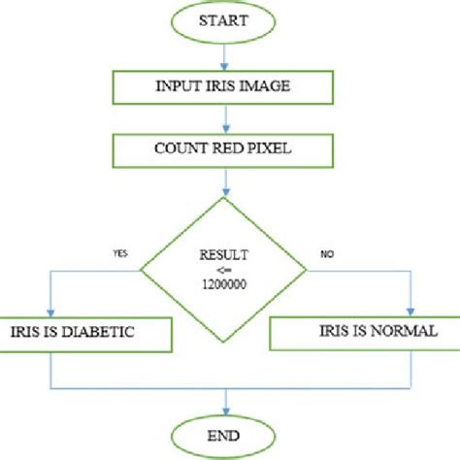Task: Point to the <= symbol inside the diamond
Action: [x=226, y=269]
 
